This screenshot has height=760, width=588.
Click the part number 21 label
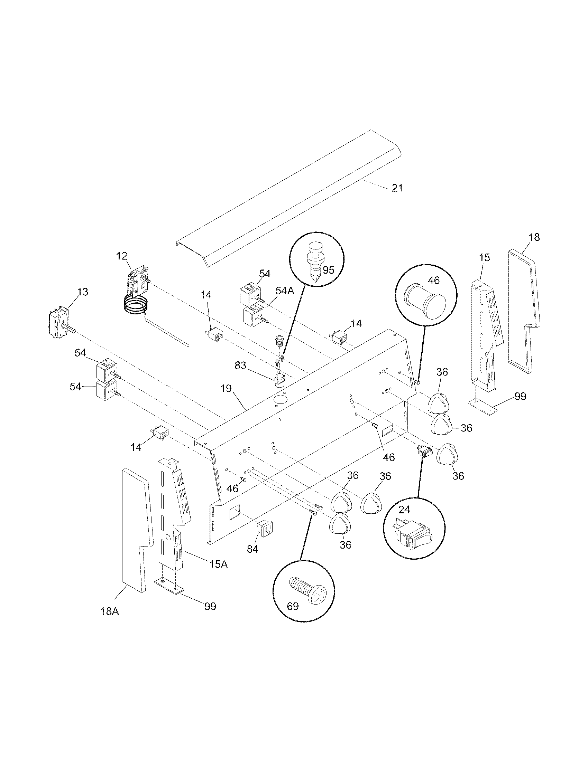[397, 188]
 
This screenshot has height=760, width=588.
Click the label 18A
[110, 621]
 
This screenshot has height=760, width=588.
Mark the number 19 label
[226, 388]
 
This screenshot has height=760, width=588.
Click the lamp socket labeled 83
[279, 380]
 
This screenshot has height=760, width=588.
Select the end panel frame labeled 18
[521, 310]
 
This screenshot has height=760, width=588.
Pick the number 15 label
[484, 257]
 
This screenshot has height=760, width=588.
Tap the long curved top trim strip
[289, 198]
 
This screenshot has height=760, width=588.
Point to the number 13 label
[83, 292]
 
